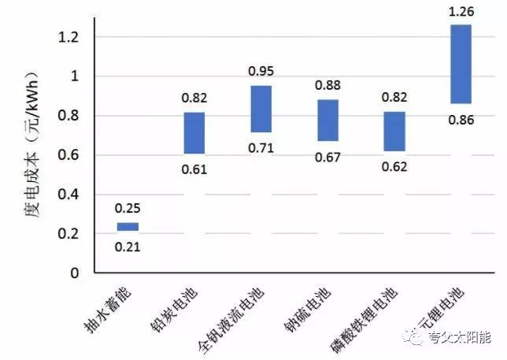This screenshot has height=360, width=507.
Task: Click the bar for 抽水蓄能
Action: point(128,227)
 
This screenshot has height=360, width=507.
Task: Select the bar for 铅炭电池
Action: point(194,133)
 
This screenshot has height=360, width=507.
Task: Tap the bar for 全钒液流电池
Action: point(261,109)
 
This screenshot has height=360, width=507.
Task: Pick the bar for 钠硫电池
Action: point(328,120)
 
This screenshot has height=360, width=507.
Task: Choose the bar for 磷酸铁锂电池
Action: point(394,131)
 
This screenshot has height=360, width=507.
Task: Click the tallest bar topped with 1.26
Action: point(461,64)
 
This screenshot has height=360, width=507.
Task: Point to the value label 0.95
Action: point(261,72)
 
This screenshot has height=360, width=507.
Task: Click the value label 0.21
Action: point(128,246)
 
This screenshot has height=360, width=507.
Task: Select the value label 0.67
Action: point(328,157)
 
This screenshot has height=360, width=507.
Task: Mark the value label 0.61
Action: point(194,169)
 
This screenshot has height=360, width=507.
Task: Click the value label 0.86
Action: point(461,120)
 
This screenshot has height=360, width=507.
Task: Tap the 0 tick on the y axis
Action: point(76,273)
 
